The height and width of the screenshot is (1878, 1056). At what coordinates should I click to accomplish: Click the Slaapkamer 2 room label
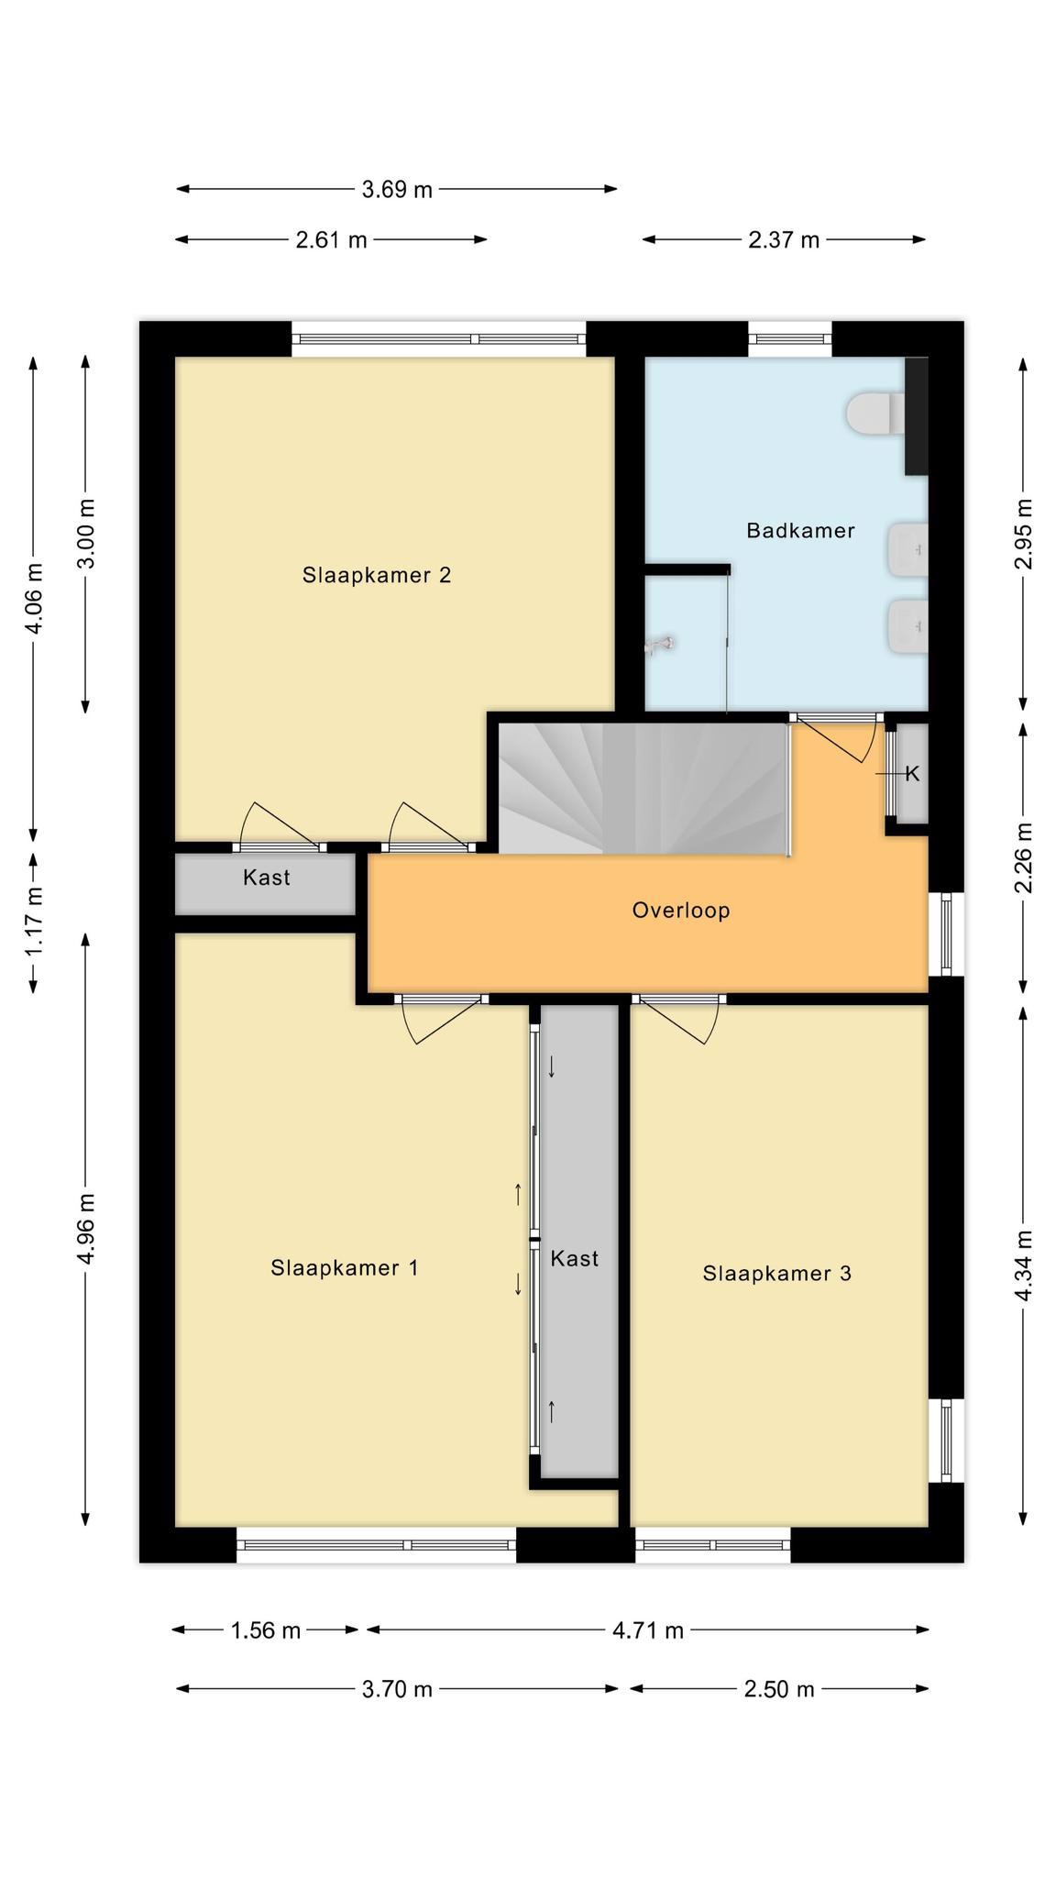377,575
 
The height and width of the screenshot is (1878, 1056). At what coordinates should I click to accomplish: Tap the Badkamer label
800,530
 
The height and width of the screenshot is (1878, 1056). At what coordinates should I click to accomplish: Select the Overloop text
681,911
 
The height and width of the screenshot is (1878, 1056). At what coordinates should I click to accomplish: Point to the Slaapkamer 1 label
345,1267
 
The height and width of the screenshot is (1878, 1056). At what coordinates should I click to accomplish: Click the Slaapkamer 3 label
777,1273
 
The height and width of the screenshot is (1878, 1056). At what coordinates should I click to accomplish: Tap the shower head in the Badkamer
660,645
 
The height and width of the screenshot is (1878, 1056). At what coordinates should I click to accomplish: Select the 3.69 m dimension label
397,190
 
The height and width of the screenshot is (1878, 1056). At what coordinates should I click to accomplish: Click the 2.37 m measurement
784,240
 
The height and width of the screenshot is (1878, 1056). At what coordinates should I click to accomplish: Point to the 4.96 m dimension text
86,1229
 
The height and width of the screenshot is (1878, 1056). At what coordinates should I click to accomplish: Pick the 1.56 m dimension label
266,1630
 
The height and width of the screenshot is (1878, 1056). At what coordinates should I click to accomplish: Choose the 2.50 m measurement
779,1689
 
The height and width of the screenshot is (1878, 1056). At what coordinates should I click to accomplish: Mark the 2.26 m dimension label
1024,857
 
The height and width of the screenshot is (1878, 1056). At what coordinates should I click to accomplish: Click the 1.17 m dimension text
34,921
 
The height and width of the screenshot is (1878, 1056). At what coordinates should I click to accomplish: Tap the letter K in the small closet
912,774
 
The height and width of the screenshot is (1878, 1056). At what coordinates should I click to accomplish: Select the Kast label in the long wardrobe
575,1258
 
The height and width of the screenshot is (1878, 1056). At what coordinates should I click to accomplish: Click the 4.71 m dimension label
648,1630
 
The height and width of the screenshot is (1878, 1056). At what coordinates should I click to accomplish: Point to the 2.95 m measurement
1024,534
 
